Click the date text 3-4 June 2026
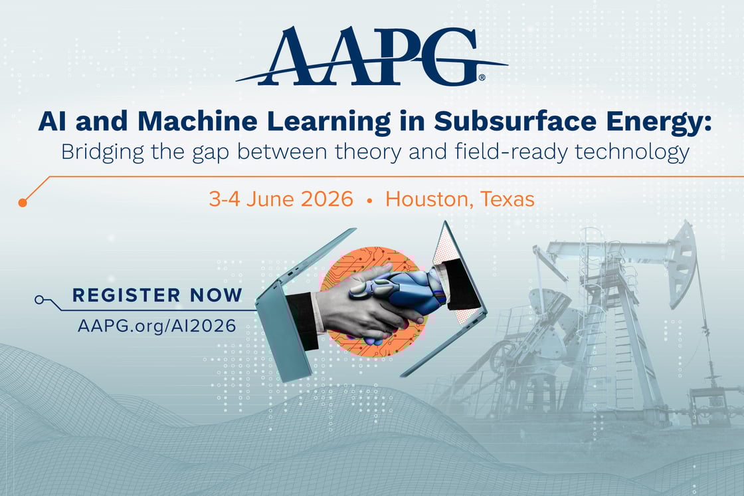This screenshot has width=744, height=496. pyautogui.click(x=281, y=199)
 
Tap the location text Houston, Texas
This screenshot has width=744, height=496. pyautogui.click(x=460, y=199)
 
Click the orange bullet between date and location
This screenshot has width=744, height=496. pyautogui.click(x=369, y=199)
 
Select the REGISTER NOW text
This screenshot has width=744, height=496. pyautogui.click(x=157, y=295)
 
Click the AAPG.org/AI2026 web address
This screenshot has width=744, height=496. pyautogui.click(x=156, y=325)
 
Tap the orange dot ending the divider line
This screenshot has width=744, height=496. pyautogui.click(x=23, y=202)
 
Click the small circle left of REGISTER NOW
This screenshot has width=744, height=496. pyautogui.click(x=39, y=300)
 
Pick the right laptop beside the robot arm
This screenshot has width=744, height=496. pyautogui.click(x=458, y=279)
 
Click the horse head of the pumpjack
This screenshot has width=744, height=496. pyautogui.click(x=681, y=259)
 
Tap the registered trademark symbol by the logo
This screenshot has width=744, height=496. pyautogui.click(x=482, y=78)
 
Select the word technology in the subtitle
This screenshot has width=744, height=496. pyautogui.click(x=637, y=152)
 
